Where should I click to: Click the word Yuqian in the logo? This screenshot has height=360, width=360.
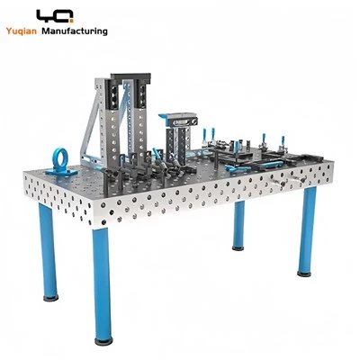pos(21,31)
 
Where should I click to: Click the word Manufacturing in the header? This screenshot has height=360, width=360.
pos(75,31)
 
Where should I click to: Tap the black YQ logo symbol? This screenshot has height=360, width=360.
pos(55,15)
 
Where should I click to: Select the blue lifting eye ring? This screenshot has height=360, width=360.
pos(60,157)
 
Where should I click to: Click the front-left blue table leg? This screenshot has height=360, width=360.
pos(49,250)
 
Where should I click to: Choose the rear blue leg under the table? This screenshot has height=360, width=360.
pos(238,223)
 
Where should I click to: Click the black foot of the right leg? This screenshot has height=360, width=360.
pos(304,274)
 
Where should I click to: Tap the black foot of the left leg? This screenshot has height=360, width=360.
pos(50,298)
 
